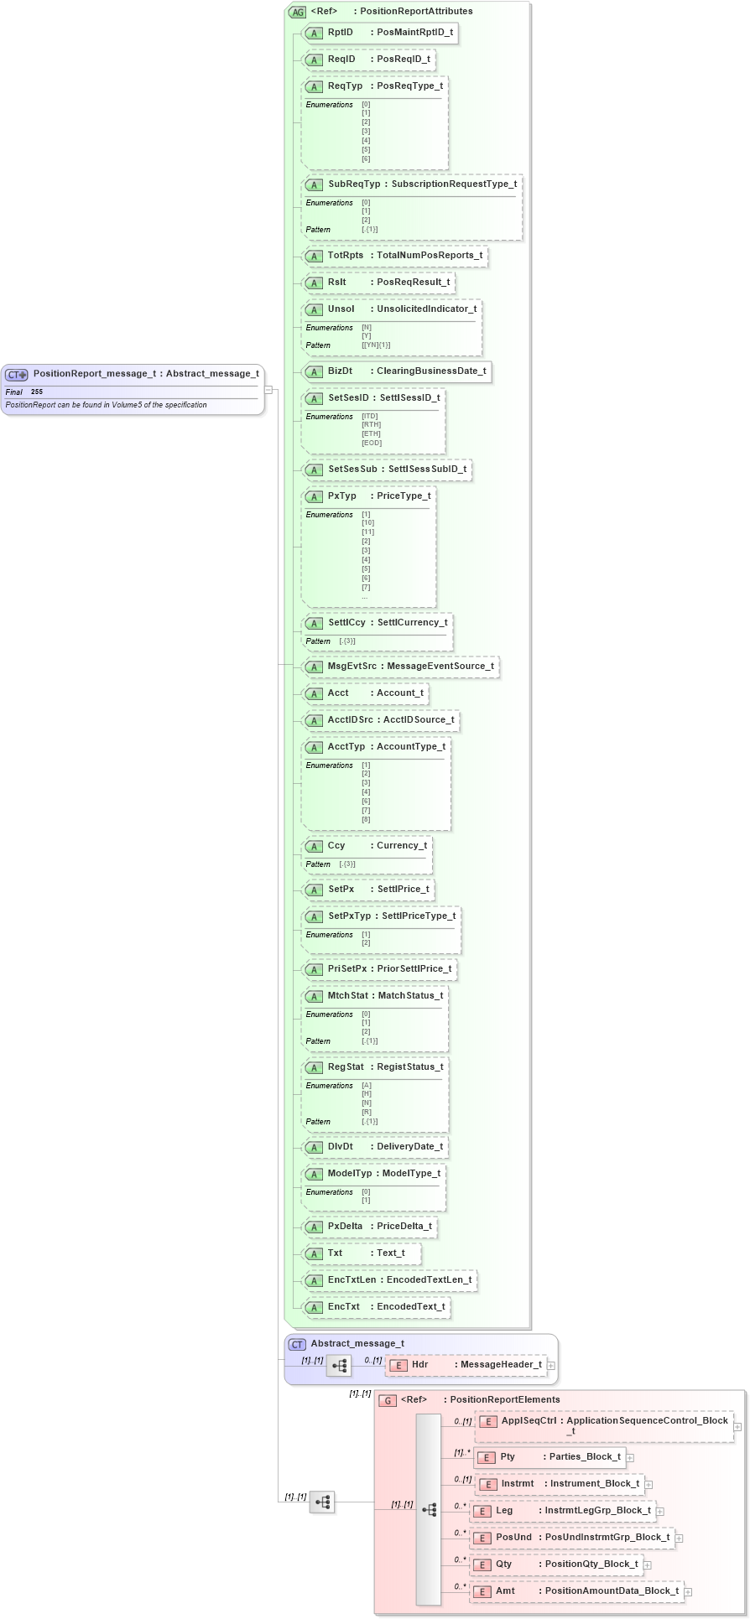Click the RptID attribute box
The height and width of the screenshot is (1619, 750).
click(x=380, y=33)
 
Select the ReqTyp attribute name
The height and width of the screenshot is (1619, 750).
click(x=345, y=86)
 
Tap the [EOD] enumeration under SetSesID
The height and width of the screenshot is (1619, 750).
click(x=372, y=443)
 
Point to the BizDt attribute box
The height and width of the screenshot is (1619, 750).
click(x=395, y=371)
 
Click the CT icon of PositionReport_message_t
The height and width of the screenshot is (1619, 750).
click(x=17, y=375)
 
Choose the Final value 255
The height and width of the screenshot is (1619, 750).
click(x=37, y=392)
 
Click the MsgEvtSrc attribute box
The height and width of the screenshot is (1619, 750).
click(x=400, y=666)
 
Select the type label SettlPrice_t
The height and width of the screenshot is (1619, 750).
click(x=403, y=889)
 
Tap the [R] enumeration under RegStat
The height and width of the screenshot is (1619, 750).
click(x=367, y=1112)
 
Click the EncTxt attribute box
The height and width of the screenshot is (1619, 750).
click(x=376, y=1306)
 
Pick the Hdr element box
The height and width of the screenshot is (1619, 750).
click(x=466, y=1365)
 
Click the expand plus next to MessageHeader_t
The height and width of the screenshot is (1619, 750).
click(x=551, y=1366)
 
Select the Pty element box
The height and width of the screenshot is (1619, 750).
click(x=549, y=1456)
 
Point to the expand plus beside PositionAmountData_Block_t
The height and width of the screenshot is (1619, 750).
click(x=687, y=1590)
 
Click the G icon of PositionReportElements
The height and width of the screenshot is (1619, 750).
click(x=388, y=1400)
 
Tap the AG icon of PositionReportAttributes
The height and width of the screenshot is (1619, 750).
click(x=297, y=12)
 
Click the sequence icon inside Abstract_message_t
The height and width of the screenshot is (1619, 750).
click(x=339, y=1366)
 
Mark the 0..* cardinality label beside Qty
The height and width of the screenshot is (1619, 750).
click(x=460, y=1559)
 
